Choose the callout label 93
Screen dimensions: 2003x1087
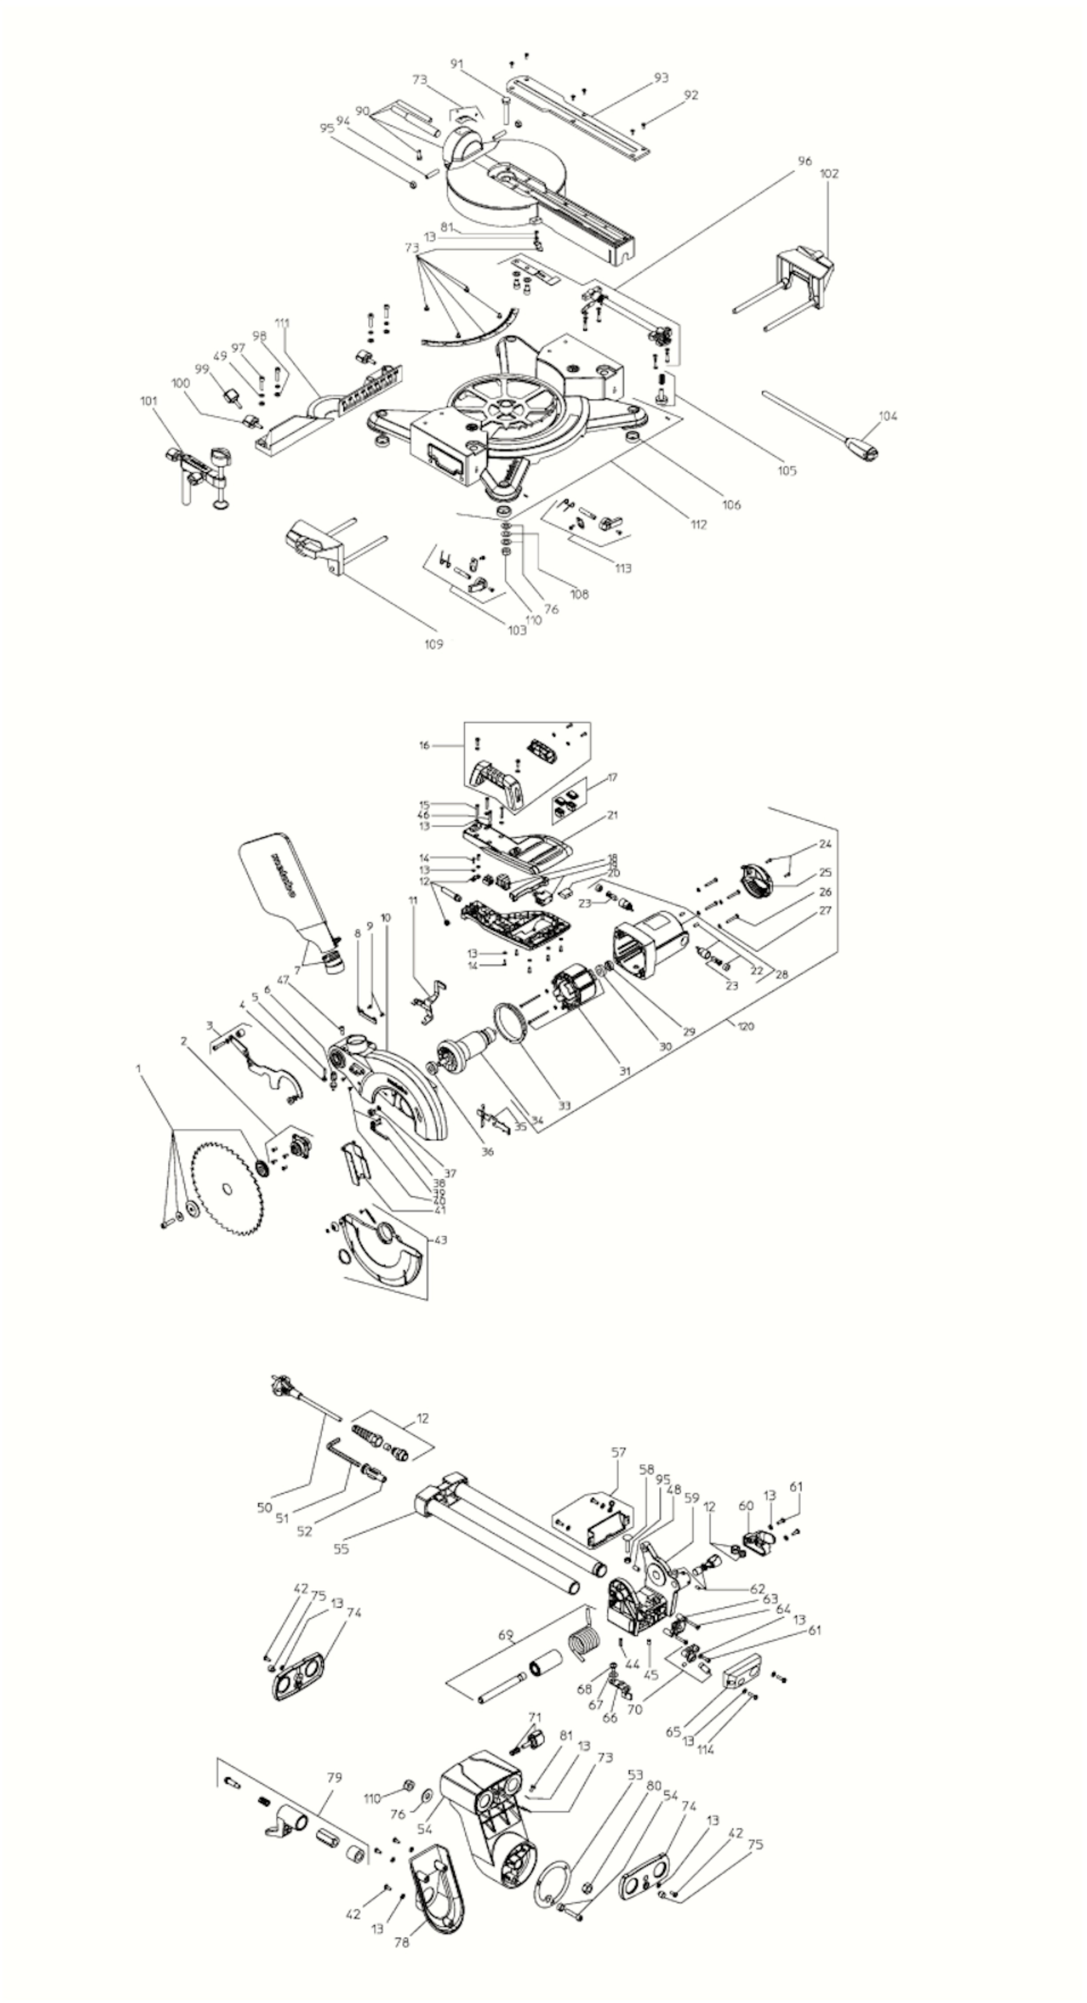point(661,78)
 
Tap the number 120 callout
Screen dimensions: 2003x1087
point(745,1026)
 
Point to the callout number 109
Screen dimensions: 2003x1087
point(433,644)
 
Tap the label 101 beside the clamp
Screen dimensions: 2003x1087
point(148,401)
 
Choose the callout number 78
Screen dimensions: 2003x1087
point(401,1942)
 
